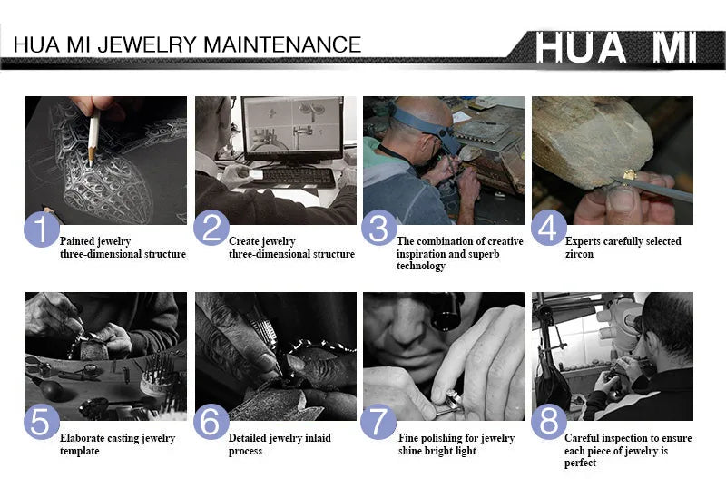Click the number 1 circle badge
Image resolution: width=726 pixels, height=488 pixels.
42,229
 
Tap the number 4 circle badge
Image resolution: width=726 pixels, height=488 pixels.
549,228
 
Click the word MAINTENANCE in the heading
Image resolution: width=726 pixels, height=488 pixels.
282,45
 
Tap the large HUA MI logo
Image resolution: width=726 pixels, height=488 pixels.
616,47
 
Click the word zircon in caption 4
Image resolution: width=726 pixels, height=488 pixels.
579,254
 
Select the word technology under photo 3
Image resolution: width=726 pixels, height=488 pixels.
420,266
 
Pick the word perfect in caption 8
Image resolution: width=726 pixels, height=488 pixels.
580,463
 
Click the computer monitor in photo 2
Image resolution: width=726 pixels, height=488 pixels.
292,128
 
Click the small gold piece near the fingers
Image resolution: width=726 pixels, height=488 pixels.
628,175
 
